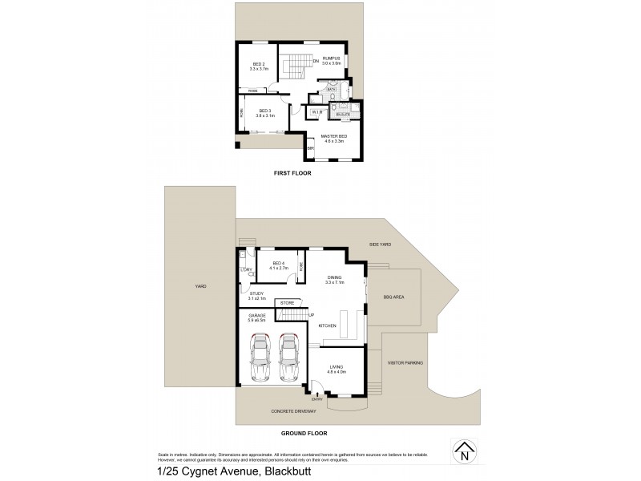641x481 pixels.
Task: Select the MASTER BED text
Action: coord(334,137)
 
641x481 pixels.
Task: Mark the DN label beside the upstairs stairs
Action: coord(316,61)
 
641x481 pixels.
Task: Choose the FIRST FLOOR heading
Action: coord(292,173)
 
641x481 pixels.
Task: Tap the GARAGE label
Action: coord(256,317)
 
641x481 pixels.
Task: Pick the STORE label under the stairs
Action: coord(287,302)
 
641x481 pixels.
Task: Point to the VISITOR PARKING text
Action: coord(405,362)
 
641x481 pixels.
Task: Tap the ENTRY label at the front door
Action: coord(316,398)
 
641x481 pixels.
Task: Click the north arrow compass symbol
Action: coord(462,454)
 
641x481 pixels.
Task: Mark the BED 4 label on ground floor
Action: coord(279,264)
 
